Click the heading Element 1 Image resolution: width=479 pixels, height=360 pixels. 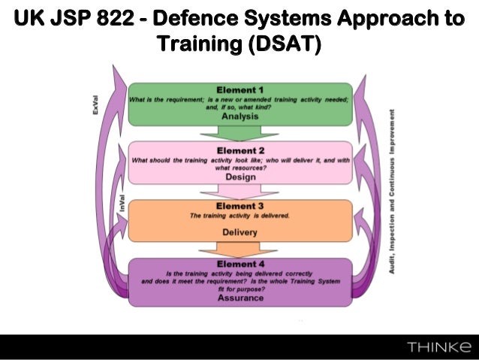click(x=239, y=90)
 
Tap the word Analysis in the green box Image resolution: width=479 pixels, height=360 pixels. click(x=239, y=116)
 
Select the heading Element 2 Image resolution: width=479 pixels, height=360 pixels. click(x=240, y=148)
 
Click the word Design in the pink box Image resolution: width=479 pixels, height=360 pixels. click(x=240, y=177)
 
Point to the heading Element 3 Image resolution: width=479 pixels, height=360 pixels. click(x=240, y=206)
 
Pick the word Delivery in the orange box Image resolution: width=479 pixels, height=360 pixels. click(x=240, y=232)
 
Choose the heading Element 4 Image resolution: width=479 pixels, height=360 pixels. click(x=240, y=264)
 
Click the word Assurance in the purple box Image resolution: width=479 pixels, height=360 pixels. click(x=240, y=298)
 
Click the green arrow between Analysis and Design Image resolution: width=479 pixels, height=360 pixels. click(x=240, y=133)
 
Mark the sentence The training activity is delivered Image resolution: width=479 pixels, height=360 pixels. click(x=240, y=216)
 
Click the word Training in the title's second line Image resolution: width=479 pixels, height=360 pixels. click(x=197, y=45)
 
